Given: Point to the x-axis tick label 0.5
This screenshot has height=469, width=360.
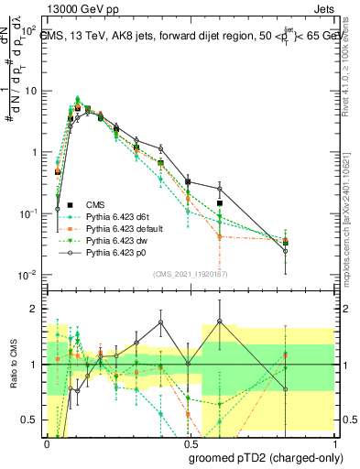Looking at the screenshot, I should (188, 444).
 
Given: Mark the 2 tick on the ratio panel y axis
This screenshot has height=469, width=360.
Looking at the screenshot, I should (34, 309).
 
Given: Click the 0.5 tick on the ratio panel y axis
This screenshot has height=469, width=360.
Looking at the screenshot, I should (30, 420).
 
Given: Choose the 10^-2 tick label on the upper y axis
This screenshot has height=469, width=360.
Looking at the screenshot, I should (30, 274).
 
